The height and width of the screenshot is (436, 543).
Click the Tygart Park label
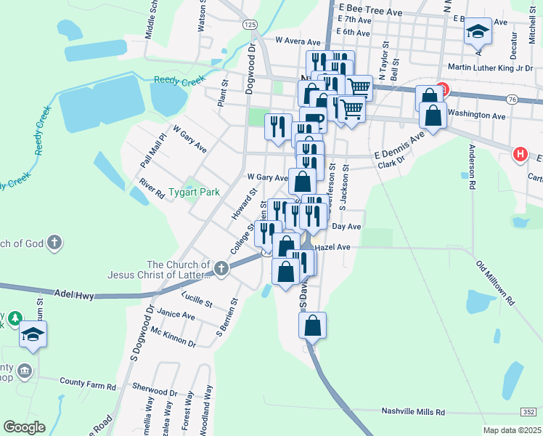[x=193, y=193]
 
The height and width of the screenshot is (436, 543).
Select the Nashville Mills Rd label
[x=413, y=411]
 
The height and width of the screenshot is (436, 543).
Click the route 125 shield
[x=250, y=25]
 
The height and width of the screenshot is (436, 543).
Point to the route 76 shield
[x=513, y=99]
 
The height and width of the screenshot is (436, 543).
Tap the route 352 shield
[x=528, y=411]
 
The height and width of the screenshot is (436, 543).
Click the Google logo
[x=25, y=427]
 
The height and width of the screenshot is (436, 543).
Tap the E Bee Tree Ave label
[x=370, y=12]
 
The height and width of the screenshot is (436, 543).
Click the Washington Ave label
[x=476, y=115]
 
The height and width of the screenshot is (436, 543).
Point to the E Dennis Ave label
[x=399, y=148]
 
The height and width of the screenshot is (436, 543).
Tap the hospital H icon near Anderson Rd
[x=520, y=154]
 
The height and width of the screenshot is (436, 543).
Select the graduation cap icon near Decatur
[x=477, y=31]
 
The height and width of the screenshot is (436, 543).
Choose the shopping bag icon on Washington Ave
[x=433, y=116]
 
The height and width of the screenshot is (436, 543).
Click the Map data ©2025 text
[x=512, y=430]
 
